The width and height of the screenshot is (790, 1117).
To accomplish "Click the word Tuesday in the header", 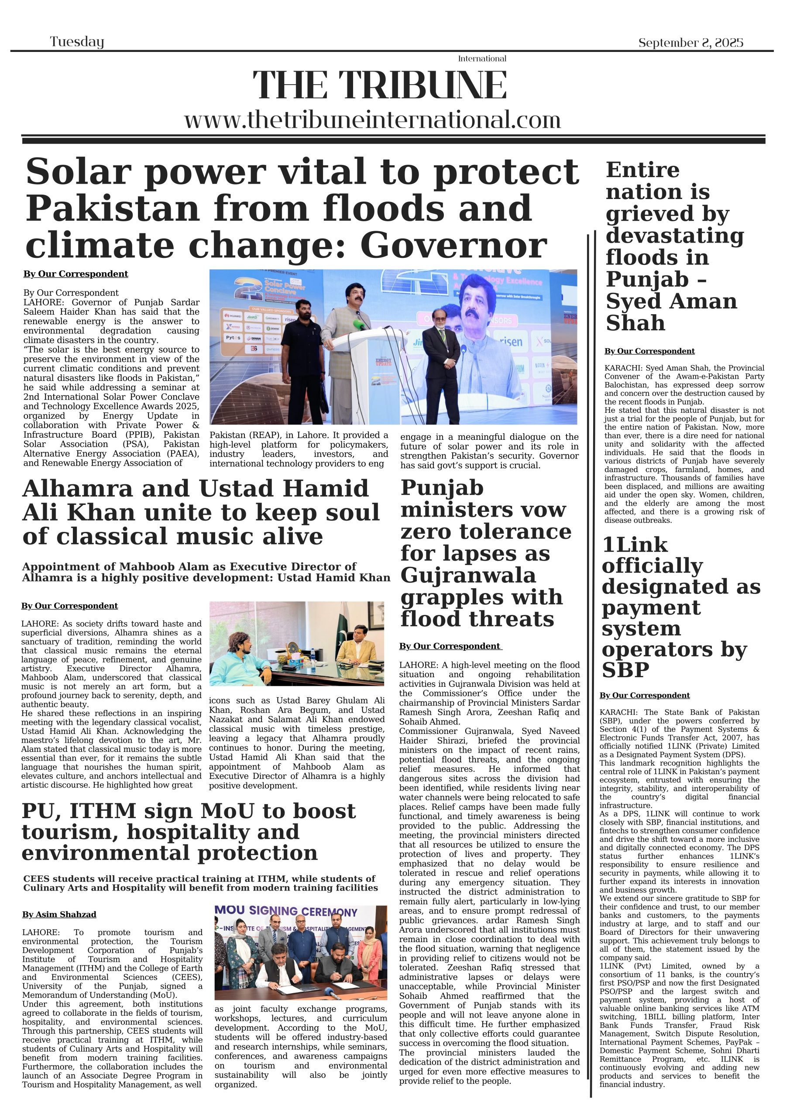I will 77,42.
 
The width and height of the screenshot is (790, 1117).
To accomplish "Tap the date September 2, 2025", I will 690,43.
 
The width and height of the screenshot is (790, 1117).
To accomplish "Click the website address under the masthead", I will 372,120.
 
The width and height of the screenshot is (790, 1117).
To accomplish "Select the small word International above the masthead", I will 482,59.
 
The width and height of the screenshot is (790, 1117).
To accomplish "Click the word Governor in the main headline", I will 453,246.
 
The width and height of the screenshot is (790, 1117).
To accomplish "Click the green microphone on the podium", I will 359,325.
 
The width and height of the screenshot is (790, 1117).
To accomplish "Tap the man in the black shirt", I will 301,360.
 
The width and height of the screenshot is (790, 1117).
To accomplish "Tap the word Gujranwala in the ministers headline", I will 468,576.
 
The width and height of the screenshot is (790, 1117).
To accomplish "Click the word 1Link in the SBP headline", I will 635,545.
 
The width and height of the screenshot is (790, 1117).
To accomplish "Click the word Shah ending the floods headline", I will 635,323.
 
